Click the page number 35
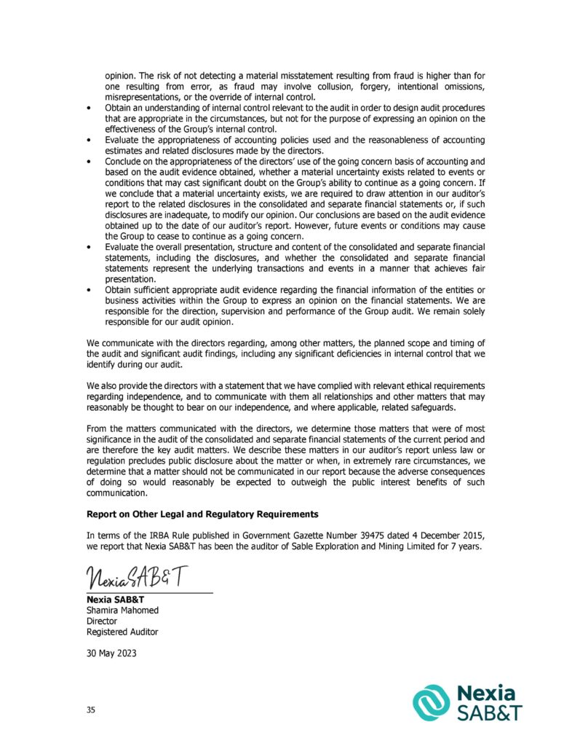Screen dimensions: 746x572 90,709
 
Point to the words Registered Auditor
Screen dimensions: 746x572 122,632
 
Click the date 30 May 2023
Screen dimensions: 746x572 111,653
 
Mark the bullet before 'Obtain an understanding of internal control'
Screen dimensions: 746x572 89,108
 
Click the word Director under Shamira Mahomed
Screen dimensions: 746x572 102,621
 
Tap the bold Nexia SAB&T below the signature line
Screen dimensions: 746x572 115,600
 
